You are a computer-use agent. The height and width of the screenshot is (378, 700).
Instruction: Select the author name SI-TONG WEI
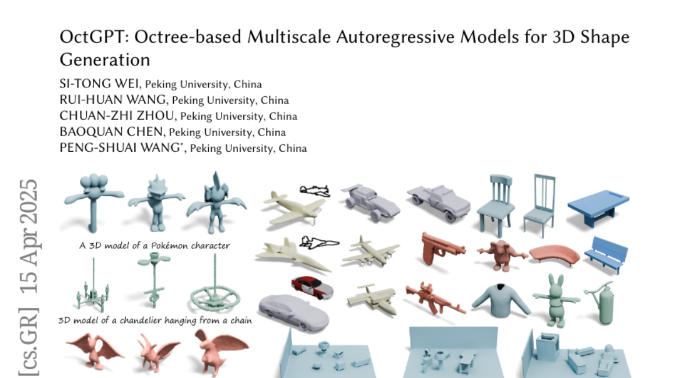coord(100,84)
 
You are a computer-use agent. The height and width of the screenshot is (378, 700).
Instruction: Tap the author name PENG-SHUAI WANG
coord(121,148)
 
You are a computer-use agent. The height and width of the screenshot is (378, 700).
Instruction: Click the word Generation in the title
coord(105,60)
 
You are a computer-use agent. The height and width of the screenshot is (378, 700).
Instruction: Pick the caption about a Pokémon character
coord(155,246)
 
